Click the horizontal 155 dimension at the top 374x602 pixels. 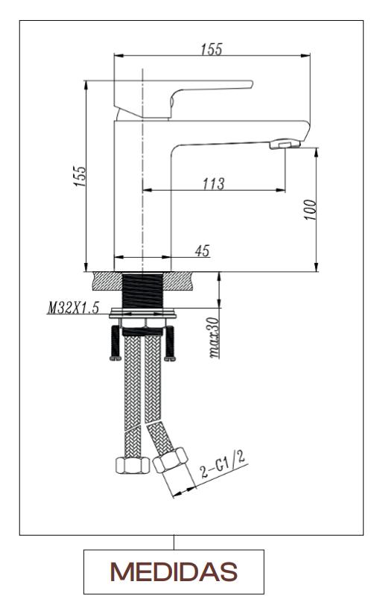(212, 49)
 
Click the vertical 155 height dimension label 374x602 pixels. (80, 177)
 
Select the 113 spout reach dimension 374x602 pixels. (214, 183)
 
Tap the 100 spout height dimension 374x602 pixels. (310, 209)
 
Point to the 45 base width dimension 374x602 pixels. (203, 250)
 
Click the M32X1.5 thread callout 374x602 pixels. (73, 308)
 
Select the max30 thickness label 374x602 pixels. (214, 338)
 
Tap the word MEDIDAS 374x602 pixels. (174, 571)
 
